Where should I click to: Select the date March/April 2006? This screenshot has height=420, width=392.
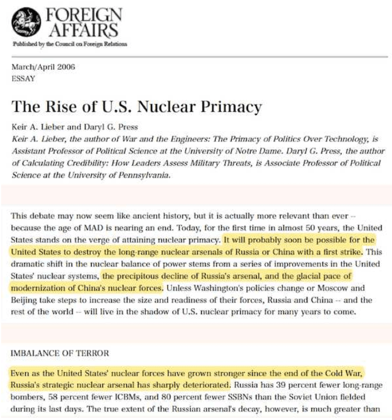point(43,67)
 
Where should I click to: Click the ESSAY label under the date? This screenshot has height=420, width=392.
point(23,79)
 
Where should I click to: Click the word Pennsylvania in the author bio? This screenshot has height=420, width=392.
point(142,176)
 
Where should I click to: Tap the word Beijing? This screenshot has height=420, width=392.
point(27,300)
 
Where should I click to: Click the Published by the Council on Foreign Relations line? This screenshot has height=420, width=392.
point(69,44)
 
